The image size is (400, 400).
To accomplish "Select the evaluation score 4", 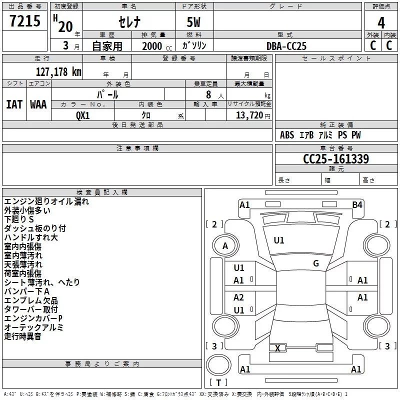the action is [x=381, y=23].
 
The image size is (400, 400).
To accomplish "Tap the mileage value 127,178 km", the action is [x=58, y=71].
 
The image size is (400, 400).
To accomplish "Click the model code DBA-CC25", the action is [x=286, y=46].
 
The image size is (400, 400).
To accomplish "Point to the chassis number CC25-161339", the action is [x=336, y=159].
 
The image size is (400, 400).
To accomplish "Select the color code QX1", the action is [x=83, y=115].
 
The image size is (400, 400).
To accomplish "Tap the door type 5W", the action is [x=194, y=23].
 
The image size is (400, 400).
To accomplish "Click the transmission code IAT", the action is [x=14, y=104].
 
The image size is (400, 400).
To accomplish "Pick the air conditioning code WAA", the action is [x=38, y=104].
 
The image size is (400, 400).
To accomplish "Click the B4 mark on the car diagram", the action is [x=357, y=204].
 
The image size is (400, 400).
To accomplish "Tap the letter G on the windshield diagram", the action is [x=316, y=263].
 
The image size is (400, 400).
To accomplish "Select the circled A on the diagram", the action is [x=225, y=245].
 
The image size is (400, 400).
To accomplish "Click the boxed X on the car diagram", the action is [x=277, y=348].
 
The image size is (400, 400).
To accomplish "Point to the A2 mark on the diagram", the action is [x=239, y=297].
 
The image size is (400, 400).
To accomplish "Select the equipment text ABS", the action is [x=287, y=135].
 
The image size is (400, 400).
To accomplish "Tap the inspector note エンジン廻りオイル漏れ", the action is [x=46, y=201].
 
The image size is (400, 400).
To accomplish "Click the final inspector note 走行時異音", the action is [x=23, y=336].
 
